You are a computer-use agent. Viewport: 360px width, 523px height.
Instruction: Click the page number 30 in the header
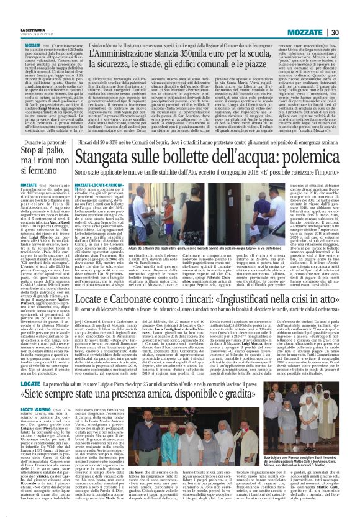tap(350, 14)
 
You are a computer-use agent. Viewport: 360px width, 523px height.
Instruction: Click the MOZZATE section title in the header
tap(318, 14)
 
